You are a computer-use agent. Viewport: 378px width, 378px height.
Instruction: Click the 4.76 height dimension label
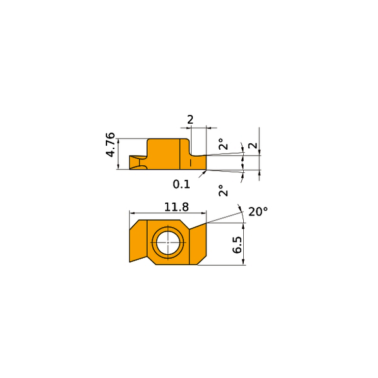[111, 144]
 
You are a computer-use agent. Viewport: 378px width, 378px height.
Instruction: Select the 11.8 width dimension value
[177, 207]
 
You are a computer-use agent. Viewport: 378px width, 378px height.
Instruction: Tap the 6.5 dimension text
[237, 244]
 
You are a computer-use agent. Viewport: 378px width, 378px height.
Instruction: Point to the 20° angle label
[258, 212]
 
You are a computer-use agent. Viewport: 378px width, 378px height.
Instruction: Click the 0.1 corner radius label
[181, 184]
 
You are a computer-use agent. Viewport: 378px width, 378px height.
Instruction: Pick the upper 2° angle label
[223, 144]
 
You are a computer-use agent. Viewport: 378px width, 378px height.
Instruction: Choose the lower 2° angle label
[223, 190]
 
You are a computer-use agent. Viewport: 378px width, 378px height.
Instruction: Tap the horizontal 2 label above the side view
[190, 120]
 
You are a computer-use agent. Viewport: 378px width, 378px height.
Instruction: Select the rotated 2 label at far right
[253, 146]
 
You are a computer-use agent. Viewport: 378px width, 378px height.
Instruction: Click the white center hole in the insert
[168, 243]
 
